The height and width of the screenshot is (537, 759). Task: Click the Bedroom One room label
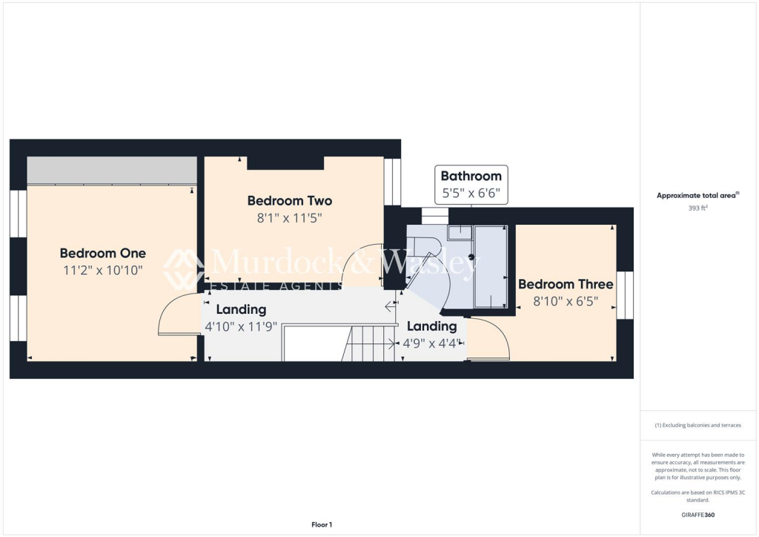[102, 253]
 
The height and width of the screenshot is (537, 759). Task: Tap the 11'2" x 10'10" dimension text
[102, 271]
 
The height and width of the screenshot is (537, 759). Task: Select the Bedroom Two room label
[289, 200]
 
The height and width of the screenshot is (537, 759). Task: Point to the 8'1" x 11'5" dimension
[289, 218]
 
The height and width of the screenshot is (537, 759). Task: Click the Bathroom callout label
[471, 176]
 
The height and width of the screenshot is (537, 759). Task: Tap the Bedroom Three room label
[566, 284]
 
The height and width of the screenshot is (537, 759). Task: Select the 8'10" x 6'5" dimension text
[566, 302]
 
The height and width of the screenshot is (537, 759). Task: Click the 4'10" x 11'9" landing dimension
[241, 326]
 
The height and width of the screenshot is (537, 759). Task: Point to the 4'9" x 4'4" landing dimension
[432, 343]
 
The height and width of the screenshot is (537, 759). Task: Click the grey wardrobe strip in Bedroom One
[111, 171]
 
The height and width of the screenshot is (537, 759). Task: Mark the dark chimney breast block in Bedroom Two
[285, 163]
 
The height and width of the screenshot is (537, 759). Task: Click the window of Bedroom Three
[625, 295]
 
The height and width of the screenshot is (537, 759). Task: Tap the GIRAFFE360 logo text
[698, 514]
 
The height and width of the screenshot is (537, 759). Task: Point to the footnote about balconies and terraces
[698, 425]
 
